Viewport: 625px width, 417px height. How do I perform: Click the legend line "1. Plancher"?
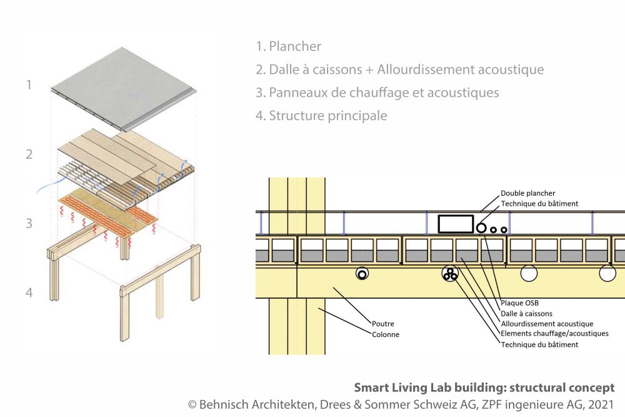289,46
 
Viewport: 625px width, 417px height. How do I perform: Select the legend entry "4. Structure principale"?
321,116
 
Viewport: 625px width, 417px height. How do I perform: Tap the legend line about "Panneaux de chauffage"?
377,93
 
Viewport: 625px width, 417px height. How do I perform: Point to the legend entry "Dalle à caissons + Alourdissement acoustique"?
400,69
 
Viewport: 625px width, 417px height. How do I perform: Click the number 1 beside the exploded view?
29,84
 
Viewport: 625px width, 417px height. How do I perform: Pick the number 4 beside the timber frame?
29,292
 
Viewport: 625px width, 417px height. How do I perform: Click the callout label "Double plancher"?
528,194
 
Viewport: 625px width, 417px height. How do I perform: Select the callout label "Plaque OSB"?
519,303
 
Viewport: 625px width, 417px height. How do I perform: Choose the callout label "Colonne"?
386,334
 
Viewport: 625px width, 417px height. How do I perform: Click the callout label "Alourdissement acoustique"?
547,324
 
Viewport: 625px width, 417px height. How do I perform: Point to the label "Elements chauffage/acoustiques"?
554,334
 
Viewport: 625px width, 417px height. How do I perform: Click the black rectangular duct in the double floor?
455,224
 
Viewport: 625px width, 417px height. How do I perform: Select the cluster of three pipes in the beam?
449,273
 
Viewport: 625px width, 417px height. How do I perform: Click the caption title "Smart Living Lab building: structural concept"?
484,388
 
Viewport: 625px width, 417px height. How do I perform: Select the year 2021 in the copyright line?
600,404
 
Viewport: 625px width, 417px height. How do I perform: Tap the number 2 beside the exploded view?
29,154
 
